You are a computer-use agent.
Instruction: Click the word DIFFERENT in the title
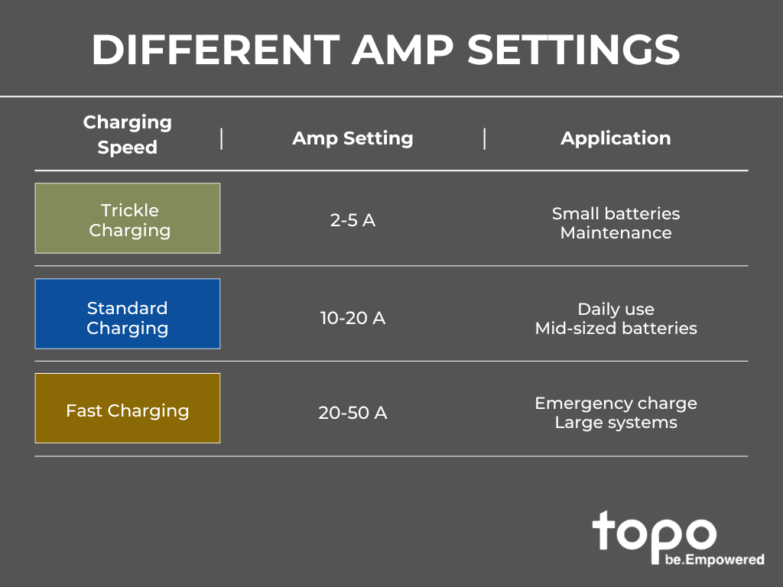click(x=216, y=50)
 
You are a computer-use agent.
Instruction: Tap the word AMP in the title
click(x=402, y=50)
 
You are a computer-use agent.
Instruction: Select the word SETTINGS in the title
click(x=573, y=50)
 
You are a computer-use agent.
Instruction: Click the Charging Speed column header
click(x=128, y=135)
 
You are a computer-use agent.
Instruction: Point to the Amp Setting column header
click(x=353, y=138)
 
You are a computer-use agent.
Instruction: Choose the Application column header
click(x=616, y=138)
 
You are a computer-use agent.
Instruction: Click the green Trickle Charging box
click(x=128, y=218)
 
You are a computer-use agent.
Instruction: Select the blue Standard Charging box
click(x=128, y=313)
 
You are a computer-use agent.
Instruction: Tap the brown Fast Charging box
click(x=128, y=408)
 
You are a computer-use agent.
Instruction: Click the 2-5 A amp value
click(x=353, y=220)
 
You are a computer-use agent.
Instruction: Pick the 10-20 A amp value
click(x=353, y=318)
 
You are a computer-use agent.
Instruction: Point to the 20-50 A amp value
click(x=353, y=413)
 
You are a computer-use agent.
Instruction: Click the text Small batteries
click(x=616, y=214)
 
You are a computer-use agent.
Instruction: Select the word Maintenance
click(x=616, y=232)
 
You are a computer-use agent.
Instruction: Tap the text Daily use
click(x=616, y=309)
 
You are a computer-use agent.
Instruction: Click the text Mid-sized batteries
click(x=616, y=328)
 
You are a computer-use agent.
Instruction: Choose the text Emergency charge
click(x=616, y=404)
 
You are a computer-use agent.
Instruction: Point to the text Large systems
click(x=616, y=422)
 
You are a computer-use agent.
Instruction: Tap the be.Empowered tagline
click(x=715, y=559)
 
